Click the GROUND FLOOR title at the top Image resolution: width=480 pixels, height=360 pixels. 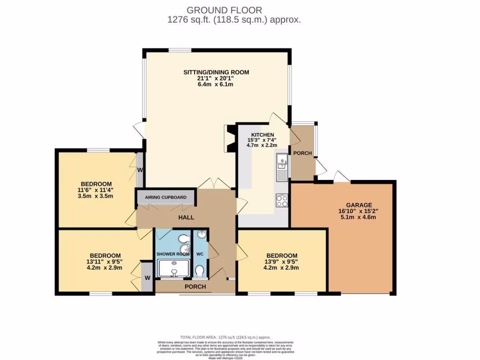click(224, 10)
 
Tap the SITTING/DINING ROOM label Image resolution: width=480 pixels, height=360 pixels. click(216, 72)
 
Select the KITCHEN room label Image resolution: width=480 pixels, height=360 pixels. click(262, 135)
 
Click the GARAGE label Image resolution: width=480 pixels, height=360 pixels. click(359, 205)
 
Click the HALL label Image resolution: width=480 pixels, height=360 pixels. click(186, 217)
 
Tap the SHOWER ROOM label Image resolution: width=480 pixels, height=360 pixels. click(172, 254)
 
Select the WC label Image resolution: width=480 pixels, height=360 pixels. click(200, 254)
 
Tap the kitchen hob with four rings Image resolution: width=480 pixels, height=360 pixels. click(282, 201)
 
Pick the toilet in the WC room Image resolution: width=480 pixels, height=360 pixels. click(200, 271)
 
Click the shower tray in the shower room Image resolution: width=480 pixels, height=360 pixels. click(173, 270)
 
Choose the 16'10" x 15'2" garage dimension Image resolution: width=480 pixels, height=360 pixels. click(359, 211)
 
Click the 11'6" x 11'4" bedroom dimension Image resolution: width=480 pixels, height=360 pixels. click(96, 190)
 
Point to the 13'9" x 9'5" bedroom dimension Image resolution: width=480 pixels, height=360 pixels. click(281, 262)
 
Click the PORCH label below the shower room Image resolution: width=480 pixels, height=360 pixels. click(195, 287)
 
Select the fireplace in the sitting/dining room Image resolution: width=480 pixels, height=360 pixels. click(230, 139)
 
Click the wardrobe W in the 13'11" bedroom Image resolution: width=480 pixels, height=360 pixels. click(147, 277)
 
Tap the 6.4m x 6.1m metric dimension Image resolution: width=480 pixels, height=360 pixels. click(215, 84)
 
